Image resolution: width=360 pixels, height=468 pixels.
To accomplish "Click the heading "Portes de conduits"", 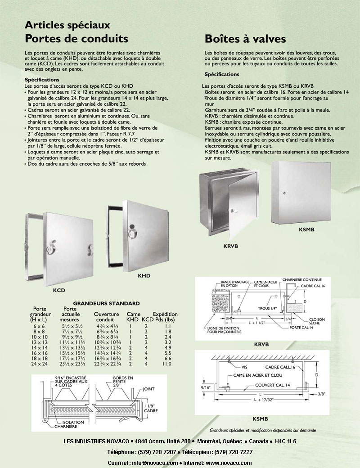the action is coord(76,39).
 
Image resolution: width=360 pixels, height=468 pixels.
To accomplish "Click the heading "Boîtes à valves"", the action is coord(245,39).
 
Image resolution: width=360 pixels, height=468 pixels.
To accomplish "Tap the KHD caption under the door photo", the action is coord(144,275).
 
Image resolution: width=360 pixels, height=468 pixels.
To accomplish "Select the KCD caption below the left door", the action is coord(59,290).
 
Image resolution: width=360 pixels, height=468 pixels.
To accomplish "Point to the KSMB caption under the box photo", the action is coord(306,229).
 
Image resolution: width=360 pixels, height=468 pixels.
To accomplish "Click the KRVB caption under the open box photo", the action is coord(231,246).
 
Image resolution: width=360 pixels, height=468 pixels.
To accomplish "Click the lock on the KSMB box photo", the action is coord(284,193).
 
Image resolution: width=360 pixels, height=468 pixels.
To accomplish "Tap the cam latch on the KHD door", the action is coord(132,234).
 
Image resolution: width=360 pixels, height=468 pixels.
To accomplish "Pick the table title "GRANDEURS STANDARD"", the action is coord(106,303).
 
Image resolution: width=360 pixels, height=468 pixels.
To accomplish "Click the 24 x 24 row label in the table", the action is coord(39,364).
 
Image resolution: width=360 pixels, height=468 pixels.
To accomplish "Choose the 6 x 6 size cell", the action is coord(39,326).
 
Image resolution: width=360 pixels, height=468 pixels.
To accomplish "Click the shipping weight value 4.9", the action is coord(168,348).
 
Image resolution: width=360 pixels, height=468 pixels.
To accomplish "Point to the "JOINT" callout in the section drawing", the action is coord(148,389).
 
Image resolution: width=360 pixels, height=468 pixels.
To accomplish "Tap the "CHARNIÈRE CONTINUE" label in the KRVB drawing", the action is coord(302,279).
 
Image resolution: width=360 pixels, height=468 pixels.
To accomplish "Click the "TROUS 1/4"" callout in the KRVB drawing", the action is coord(267,308).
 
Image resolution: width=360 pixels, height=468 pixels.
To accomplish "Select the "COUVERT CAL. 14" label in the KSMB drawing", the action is coord(273,385).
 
